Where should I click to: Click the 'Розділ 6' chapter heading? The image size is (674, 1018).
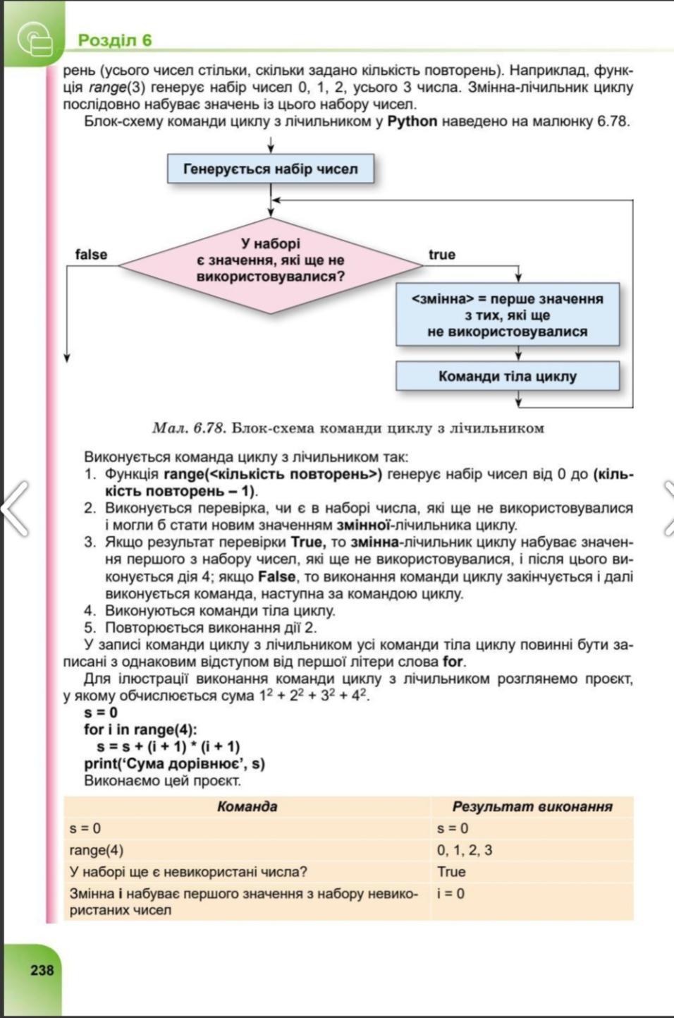114,40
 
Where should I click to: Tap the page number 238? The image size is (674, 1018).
42,970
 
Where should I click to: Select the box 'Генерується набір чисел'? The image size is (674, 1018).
270,169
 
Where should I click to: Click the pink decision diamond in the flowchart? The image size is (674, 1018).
270,265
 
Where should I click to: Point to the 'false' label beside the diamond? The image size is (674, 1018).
91,255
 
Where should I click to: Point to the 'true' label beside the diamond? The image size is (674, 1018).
442,255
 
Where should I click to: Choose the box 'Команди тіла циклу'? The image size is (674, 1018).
507,376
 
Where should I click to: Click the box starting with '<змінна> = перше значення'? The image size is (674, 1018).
507,315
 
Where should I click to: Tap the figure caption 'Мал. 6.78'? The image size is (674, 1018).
188,428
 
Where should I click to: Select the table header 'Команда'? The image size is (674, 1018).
247,806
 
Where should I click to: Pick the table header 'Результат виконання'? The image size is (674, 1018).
532,806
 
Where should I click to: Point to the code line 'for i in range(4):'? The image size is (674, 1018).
140,729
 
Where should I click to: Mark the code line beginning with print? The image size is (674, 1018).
174,763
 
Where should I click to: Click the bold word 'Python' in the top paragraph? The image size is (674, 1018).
412,121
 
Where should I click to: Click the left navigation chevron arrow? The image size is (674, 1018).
16,508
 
